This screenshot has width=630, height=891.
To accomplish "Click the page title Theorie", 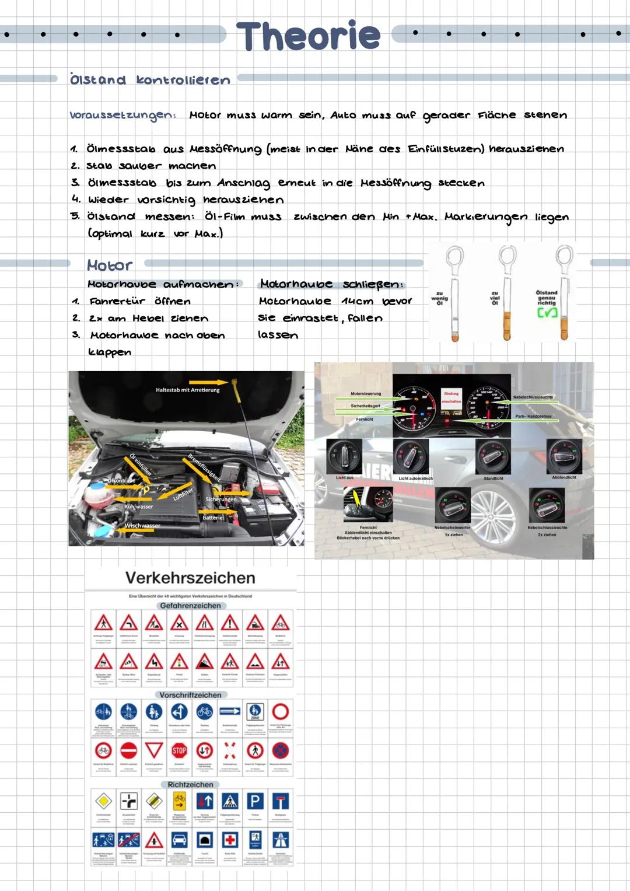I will pyautogui.click(x=308, y=36).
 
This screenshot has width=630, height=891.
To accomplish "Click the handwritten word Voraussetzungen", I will pyautogui.click(x=123, y=116).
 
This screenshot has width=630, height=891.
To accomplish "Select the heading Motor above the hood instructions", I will pyautogui.click(x=110, y=265).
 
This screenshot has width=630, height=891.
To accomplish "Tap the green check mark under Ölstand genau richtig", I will pyautogui.click(x=547, y=313).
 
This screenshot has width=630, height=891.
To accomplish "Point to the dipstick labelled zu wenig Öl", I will pyautogui.click(x=454, y=298).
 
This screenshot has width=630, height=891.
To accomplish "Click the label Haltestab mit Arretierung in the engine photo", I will pyautogui.click(x=188, y=390).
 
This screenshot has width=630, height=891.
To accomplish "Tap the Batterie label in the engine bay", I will pyautogui.click(x=212, y=518).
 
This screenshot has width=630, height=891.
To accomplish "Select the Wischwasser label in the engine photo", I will pyautogui.click(x=142, y=526).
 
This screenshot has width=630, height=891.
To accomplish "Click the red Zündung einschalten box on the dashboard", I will pyautogui.click(x=451, y=397).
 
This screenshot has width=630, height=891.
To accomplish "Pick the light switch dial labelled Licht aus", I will pyautogui.click(x=344, y=456).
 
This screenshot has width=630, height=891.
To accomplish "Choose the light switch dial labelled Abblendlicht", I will pyautogui.click(x=563, y=456).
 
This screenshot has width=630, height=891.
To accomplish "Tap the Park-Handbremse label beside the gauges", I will pyautogui.click(x=533, y=416).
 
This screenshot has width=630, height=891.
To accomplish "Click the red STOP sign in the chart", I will pyautogui.click(x=179, y=750).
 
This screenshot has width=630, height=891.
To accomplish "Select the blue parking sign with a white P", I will pyautogui.click(x=256, y=801).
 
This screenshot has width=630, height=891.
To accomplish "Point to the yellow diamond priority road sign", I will pyautogui.click(x=103, y=801).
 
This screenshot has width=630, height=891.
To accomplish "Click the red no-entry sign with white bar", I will pyautogui.click(x=128, y=750).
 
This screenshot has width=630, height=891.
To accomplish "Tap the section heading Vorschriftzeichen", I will pyautogui.click(x=190, y=695).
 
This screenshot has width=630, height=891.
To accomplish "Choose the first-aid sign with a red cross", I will pyautogui.click(x=230, y=840).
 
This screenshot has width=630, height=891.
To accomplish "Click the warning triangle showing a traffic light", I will pyautogui.click(x=179, y=662).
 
